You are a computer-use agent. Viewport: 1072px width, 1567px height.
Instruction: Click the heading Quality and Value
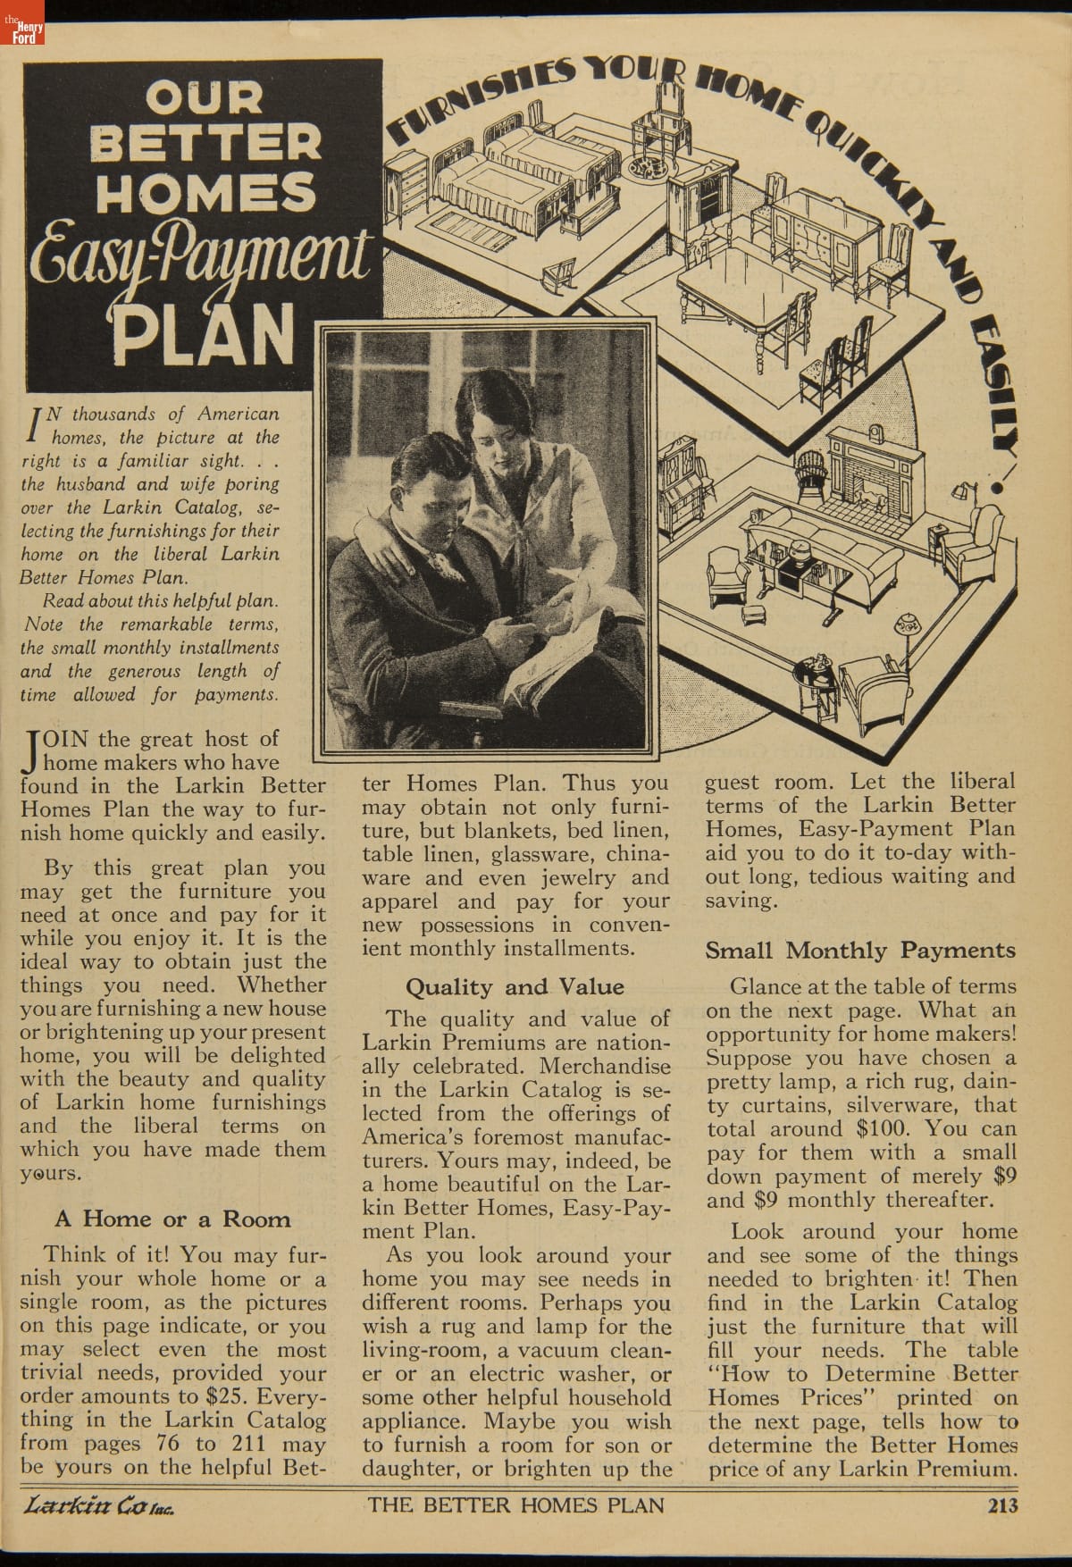pos(515,987)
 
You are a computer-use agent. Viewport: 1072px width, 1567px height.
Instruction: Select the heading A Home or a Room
pos(172,1219)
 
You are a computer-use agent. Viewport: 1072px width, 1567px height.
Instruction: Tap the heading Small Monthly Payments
pos(860,950)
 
